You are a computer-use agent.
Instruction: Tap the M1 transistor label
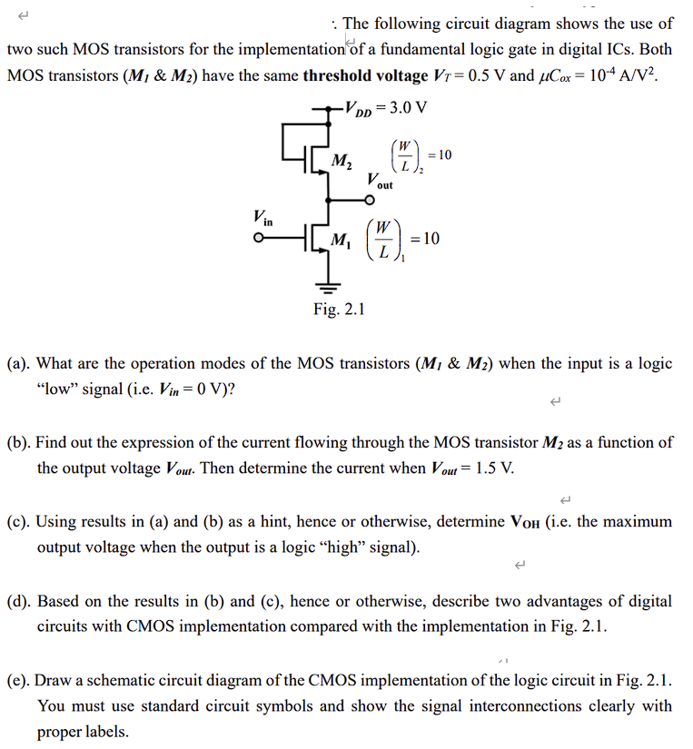click(x=342, y=241)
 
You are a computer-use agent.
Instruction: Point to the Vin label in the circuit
click(x=262, y=217)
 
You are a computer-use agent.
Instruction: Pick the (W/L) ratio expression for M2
click(x=419, y=156)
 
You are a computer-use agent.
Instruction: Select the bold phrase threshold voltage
click(x=364, y=75)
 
